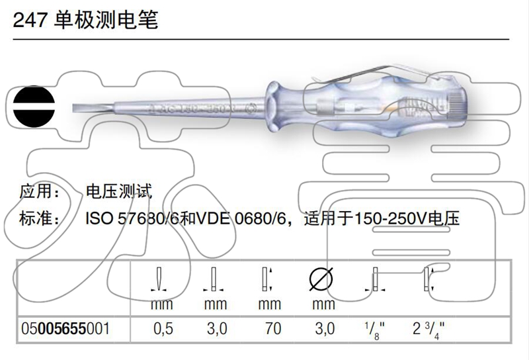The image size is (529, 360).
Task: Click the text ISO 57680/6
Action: pos(130,218)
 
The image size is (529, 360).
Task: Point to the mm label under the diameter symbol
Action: pos(323,305)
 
